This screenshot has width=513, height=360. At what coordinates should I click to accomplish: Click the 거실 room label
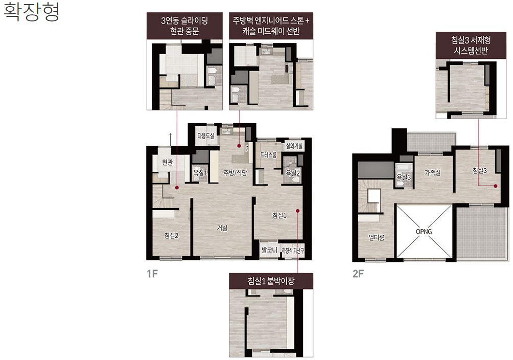pyautogui.click(x=222, y=228)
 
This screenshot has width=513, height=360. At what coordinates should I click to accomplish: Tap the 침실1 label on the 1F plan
pyautogui.click(x=279, y=215)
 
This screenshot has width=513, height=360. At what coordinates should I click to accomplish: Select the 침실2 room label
pyautogui.click(x=171, y=235)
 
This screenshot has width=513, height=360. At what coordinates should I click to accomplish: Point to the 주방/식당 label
pyautogui.click(x=235, y=173)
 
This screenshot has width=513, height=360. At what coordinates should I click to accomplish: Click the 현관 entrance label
pyautogui.click(x=167, y=162)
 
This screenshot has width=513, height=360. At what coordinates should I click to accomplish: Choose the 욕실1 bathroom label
pyautogui.click(x=200, y=173)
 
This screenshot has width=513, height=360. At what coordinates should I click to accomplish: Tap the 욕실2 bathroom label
pyautogui.click(x=293, y=173)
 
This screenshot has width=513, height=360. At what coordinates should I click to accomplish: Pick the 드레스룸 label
pyautogui.click(x=268, y=154)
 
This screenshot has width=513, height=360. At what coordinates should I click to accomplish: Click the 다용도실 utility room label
pyautogui.click(x=206, y=136)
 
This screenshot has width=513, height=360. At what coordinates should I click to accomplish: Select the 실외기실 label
pyautogui.click(x=294, y=146)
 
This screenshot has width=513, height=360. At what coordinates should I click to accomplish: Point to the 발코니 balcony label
pyautogui.click(x=269, y=250)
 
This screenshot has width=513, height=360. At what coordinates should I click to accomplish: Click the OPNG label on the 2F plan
pyautogui.click(x=424, y=232)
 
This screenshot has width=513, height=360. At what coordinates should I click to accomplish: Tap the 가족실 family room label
pyautogui.click(x=432, y=172)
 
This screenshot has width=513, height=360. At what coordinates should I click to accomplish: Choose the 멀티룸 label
pyautogui.click(x=376, y=237)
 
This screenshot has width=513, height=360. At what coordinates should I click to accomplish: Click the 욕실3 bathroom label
pyautogui.click(x=404, y=177)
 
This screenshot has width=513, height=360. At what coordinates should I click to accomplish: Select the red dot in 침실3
pyautogui.click(x=496, y=186)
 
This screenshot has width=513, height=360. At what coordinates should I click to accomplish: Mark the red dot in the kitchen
pyautogui.click(x=239, y=146)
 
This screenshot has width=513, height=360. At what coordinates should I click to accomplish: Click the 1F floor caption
pyautogui.click(x=152, y=274)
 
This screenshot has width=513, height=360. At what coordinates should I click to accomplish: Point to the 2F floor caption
pyautogui.click(x=358, y=274)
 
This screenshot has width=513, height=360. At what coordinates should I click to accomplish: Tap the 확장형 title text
pyautogui.click(x=31, y=12)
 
